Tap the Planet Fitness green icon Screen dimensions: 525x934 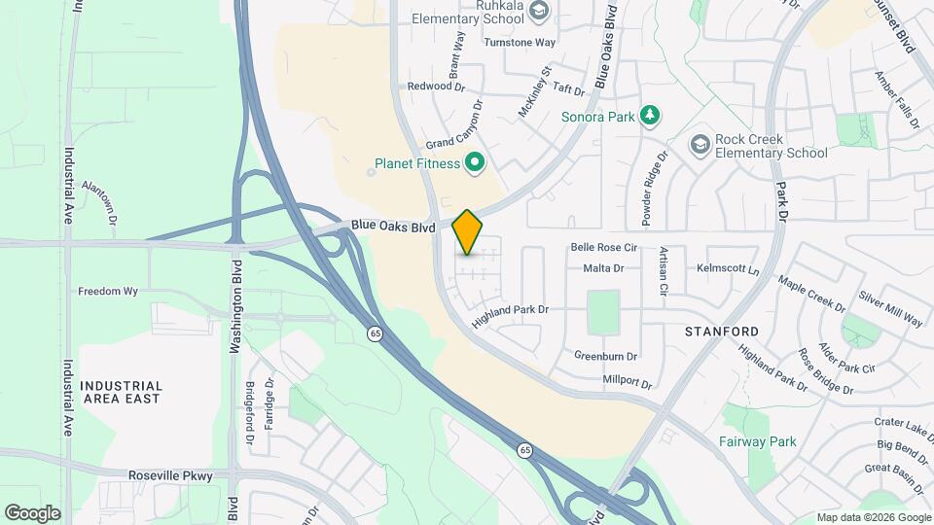pos(475,162)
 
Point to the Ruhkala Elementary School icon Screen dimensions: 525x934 pos(539,11)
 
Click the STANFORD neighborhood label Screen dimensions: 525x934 pos(721,332)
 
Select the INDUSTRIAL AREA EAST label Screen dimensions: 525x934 pos(122,392)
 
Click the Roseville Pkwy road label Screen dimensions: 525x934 pos(169,475)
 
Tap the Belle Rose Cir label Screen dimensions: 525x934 pos(603,248)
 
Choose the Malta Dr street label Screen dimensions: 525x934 pos(603,267)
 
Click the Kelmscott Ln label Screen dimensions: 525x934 pos(728,267)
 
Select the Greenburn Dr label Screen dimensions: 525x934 pos(605,356)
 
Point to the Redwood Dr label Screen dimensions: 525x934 pos(436,86)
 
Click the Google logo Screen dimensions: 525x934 pos(32,513)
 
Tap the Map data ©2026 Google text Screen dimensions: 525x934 pos(873,517)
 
